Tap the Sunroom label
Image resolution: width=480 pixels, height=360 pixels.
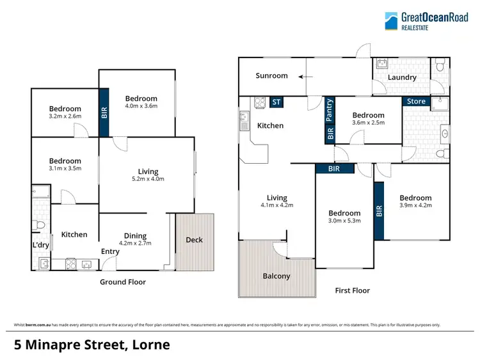click(271, 76)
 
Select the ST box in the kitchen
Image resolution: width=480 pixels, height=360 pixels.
click(276, 101)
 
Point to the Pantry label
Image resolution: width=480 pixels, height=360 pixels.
click(330, 109)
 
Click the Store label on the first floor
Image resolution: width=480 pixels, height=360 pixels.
click(416, 101)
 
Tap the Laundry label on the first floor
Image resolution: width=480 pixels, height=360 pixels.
click(402, 77)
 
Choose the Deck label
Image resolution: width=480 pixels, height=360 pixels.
click(194, 240)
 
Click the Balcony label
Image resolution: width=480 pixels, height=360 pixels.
click(276, 276)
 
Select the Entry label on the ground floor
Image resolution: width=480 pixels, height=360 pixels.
click(110, 251)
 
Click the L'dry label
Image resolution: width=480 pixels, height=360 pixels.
click(41, 246)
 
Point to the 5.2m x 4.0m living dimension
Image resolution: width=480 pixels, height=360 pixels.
click(148, 179)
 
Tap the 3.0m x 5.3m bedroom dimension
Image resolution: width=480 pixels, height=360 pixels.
click(344, 221)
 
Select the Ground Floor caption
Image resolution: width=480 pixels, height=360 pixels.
click(123, 282)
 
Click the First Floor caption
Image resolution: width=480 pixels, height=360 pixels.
click(353, 290)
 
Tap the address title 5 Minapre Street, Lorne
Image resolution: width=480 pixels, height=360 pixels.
click(92, 345)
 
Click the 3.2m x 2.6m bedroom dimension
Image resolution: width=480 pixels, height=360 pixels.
click(65, 116)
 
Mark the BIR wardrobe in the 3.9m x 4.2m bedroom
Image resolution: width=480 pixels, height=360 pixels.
click(379, 211)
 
